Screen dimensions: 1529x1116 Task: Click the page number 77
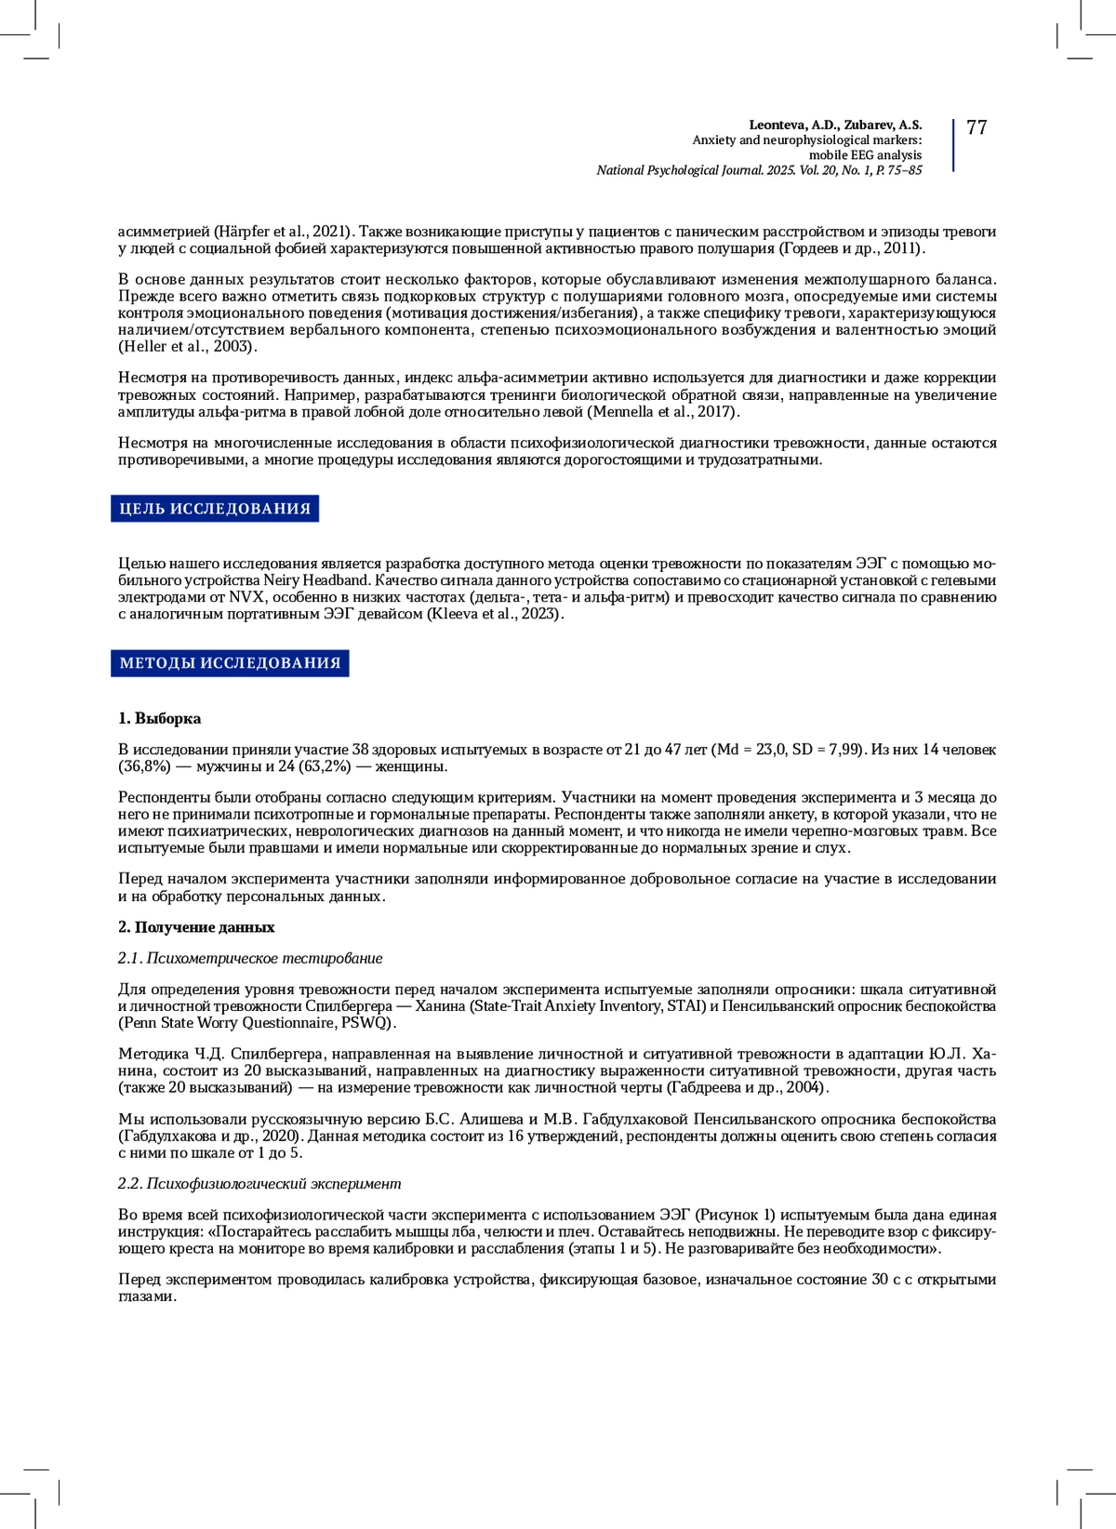click(x=976, y=128)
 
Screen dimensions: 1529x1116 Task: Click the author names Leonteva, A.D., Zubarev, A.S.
click(x=835, y=125)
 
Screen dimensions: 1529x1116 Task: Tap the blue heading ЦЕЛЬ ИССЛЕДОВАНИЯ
click(x=215, y=509)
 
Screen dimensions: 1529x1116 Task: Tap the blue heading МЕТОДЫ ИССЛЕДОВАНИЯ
click(x=230, y=663)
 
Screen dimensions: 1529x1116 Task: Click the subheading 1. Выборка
click(x=159, y=718)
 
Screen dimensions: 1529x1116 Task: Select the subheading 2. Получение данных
click(x=196, y=927)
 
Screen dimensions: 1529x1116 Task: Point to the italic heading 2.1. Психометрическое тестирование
click(x=250, y=958)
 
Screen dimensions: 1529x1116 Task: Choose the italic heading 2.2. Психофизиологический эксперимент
click(x=259, y=1183)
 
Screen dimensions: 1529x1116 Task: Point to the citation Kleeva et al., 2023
click(x=493, y=614)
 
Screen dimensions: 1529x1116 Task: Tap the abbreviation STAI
click(x=685, y=1006)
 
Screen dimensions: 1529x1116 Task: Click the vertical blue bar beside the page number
click(x=953, y=145)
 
